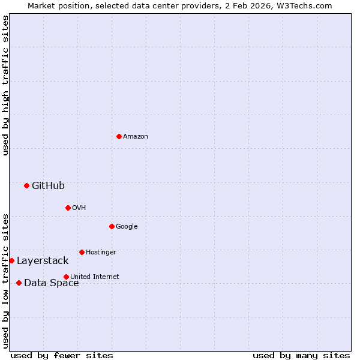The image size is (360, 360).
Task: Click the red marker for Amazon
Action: click(x=119, y=137)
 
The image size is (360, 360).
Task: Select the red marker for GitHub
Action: click(x=26, y=186)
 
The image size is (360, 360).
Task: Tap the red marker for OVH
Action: click(x=68, y=208)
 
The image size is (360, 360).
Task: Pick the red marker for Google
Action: click(x=112, y=226)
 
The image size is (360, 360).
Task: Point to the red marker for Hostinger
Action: click(x=82, y=253)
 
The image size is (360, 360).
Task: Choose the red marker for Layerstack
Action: click(x=11, y=261)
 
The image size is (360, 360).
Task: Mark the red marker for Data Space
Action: click(x=19, y=283)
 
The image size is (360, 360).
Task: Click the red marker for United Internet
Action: click(x=66, y=277)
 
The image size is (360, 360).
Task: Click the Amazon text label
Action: click(x=136, y=137)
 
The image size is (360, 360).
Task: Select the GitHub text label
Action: click(x=48, y=186)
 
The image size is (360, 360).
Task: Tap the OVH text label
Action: click(x=79, y=208)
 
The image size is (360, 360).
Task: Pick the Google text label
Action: click(x=127, y=226)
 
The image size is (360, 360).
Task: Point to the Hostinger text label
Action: click(x=101, y=253)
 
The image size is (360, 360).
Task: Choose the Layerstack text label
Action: click(x=43, y=261)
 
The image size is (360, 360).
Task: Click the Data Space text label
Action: click(x=51, y=283)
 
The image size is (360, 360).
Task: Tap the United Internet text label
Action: click(x=94, y=277)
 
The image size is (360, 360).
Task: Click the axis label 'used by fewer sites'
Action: click(x=62, y=355)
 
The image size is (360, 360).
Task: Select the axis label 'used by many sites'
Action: click(x=301, y=355)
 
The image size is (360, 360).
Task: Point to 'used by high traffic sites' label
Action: click(x=5, y=85)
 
